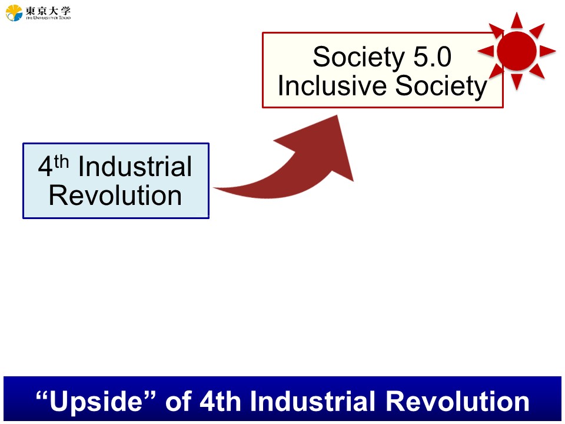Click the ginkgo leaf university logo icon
point(14,12)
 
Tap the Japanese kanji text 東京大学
point(48,10)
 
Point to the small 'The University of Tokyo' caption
point(48,18)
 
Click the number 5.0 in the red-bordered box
point(432,57)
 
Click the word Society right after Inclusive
point(441,87)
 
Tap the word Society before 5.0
point(359,58)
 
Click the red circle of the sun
point(517,51)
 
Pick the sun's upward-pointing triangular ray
point(517,21)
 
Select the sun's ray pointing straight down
point(517,81)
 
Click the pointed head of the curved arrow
point(337,116)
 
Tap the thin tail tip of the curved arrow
point(214,188)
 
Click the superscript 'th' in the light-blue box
point(61,161)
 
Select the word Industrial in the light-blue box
point(135,167)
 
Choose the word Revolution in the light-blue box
point(115,196)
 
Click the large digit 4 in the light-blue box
point(46,167)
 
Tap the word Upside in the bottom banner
point(96,402)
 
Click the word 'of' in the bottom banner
point(178,401)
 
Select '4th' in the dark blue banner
point(220,401)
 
